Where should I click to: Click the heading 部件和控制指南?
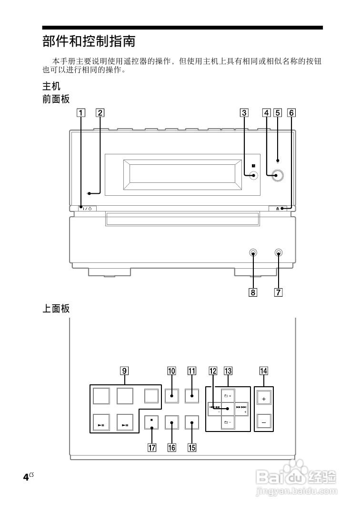[x=89, y=41]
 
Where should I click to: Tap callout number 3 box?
[x=244, y=113]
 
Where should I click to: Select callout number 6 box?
[x=291, y=113]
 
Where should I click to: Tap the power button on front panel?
[x=87, y=208]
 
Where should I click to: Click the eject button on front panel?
[x=278, y=208]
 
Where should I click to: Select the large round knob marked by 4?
[x=278, y=175]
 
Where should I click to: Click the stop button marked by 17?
[x=151, y=422]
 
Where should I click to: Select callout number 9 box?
[x=124, y=371]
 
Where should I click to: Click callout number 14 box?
[x=263, y=371]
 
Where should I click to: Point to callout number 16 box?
[x=171, y=447]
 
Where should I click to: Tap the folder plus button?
[x=228, y=396]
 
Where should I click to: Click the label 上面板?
[x=56, y=309]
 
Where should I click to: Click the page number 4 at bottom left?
[x=26, y=478]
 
